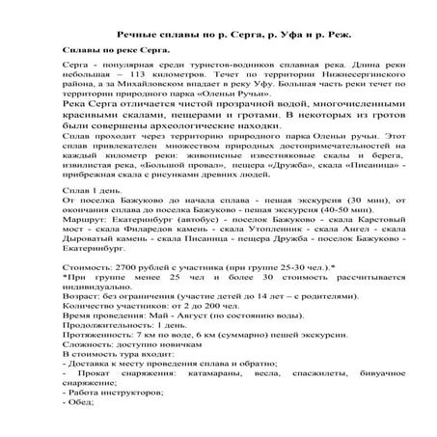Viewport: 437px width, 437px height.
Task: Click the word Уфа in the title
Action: coord(267,24)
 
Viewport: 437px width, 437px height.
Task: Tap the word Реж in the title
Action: coord(330,24)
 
